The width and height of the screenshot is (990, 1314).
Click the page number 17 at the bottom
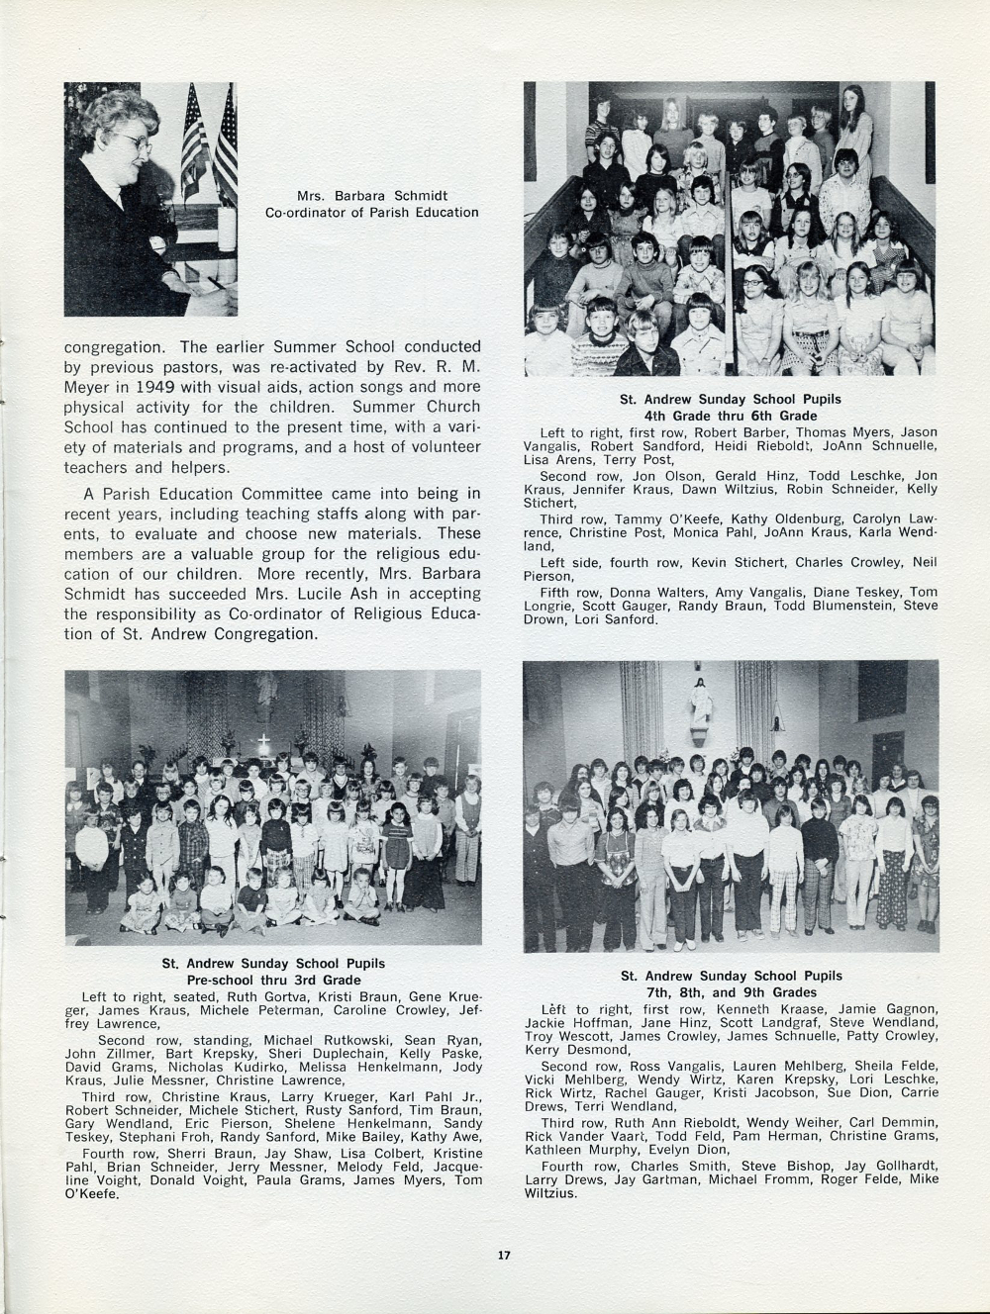click(x=503, y=1256)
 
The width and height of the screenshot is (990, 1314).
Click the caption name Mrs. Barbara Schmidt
click(x=371, y=195)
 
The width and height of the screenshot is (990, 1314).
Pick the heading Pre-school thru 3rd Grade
click(x=273, y=980)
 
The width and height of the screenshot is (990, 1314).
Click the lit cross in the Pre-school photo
click(x=263, y=740)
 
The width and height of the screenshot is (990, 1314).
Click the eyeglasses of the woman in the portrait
click(x=139, y=144)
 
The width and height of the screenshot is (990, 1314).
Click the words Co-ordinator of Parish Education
click(x=371, y=212)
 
